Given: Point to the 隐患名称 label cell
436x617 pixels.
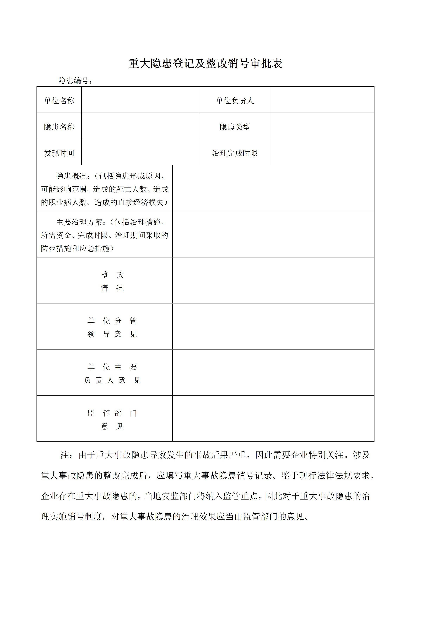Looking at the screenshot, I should click(59, 127).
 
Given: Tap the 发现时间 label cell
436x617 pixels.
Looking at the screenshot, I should click(59, 153).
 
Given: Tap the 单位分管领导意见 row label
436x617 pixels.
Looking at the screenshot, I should click(112, 327).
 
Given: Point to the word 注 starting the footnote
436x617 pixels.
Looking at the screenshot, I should click(65, 455).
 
